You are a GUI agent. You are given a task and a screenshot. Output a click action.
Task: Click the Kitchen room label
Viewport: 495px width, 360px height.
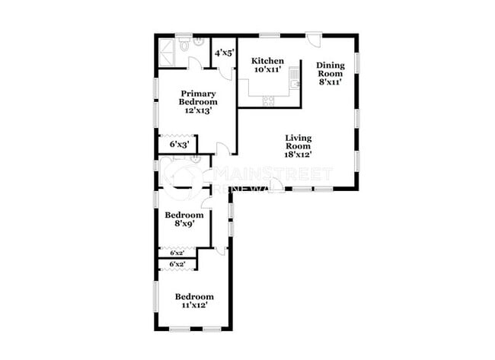point(267,61)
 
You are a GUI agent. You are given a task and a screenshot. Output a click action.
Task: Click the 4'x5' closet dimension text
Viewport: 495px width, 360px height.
point(222,53)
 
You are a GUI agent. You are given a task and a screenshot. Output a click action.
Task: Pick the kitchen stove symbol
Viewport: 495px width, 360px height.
point(269,100)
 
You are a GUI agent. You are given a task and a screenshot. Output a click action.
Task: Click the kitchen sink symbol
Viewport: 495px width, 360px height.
point(295,84)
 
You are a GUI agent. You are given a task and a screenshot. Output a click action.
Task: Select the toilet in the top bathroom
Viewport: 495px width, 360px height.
point(198,43)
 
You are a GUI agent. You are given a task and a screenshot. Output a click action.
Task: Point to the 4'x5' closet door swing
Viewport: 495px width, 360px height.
point(226,72)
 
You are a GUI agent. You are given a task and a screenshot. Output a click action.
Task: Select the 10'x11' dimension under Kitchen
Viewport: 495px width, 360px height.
point(267,70)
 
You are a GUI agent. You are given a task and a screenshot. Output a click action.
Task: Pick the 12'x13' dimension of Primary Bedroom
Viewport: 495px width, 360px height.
point(198,110)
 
